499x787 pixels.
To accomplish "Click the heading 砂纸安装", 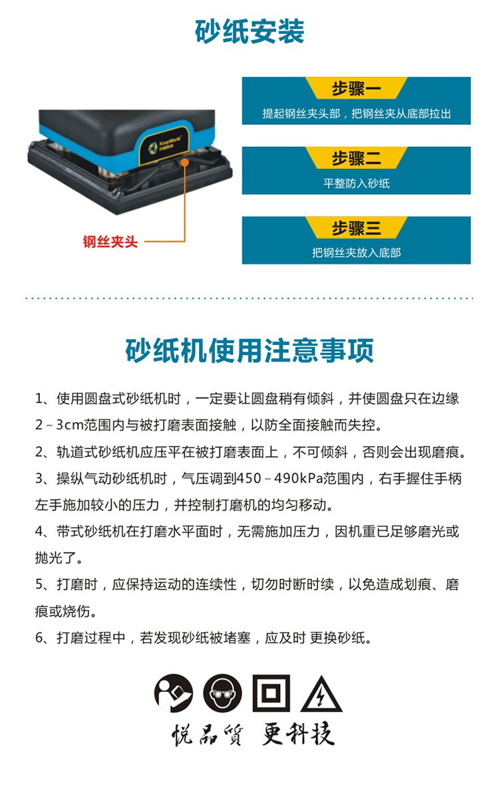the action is (x=249, y=31).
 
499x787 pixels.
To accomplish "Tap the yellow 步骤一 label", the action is (x=356, y=88).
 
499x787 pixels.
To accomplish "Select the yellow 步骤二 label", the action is (x=356, y=158).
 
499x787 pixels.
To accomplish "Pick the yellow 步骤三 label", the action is (x=356, y=228).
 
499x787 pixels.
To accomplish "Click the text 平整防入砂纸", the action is (x=356, y=183).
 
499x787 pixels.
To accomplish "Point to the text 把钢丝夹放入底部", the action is (x=356, y=253).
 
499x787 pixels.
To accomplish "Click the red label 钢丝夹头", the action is (x=110, y=242).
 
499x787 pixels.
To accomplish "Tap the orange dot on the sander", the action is (x=185, y=162).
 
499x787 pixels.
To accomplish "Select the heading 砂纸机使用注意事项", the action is (x=249, y=350).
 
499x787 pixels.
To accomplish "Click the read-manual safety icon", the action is (x=174, y=693).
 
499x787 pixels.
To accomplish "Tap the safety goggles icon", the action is (x=222, y=693).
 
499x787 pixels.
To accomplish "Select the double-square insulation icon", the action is (x=271, y=693).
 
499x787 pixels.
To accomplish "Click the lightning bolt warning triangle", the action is (x=321, y=695).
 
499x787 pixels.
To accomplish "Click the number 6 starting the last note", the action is (x=39, y=638).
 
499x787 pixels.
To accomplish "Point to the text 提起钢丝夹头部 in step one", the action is (x=301, y=114).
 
